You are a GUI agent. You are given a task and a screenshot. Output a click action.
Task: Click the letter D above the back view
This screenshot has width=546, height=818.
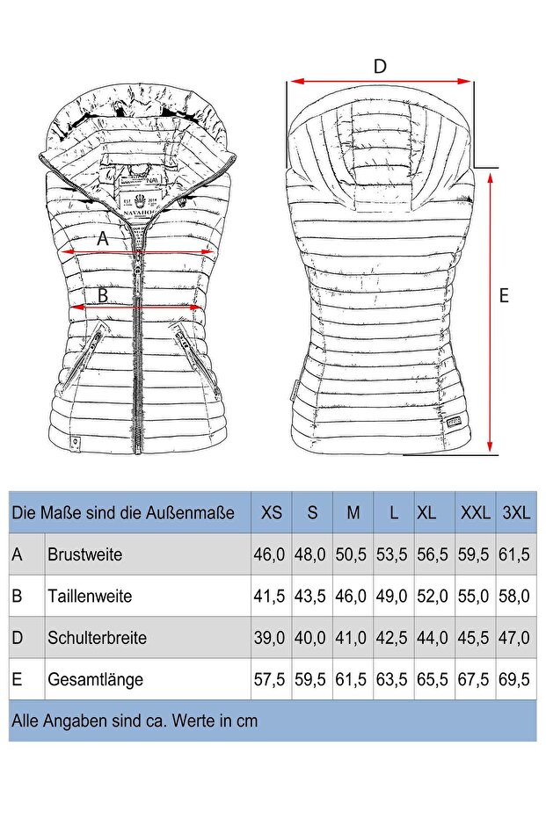(380, 66)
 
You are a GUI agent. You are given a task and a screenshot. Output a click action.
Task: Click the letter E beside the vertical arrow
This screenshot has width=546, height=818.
(504, 296)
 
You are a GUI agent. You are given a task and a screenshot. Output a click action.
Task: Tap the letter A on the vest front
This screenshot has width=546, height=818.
(103, 238)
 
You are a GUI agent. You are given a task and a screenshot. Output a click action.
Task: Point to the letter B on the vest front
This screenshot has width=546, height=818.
(103, 296)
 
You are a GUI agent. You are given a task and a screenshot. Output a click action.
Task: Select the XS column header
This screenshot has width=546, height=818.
(272, 512)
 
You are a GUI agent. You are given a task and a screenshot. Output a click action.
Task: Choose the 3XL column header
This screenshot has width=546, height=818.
(516, 512)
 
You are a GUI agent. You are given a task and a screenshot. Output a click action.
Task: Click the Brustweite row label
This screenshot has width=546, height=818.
(84, 554)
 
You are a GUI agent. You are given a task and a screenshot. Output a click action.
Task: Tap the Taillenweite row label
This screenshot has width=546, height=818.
(90, 596)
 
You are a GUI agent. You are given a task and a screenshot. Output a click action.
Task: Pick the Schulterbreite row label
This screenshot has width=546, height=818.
(97, 638)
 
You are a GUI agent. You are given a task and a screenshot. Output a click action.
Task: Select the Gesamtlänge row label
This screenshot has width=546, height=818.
(95, 679)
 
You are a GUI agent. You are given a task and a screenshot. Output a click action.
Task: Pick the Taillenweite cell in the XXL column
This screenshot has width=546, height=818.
(475, 596)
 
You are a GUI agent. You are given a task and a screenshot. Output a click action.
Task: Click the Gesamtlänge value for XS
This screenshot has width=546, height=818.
(270, 679)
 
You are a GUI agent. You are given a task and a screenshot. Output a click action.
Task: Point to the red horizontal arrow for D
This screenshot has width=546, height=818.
(380, 82)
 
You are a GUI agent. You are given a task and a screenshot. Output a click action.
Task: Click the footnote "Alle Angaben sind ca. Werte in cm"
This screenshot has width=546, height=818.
(135, 721)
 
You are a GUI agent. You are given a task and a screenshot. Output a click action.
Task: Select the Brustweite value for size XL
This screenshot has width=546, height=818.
(433, 554)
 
